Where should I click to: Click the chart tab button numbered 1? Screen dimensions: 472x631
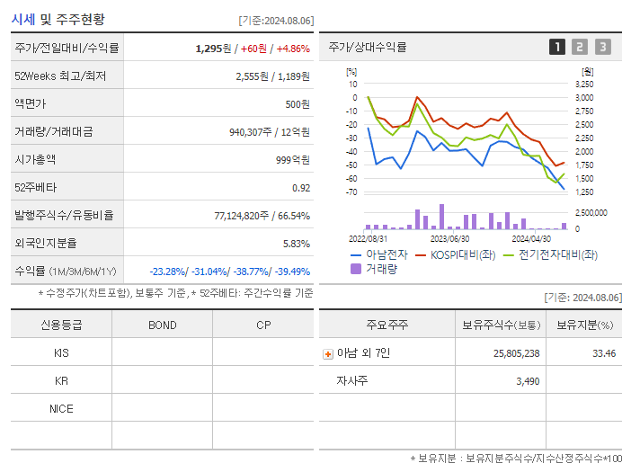(x=557, y=47)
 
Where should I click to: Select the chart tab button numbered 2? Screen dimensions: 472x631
(x=580, y=47)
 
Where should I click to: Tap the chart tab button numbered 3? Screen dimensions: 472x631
(x=602, y=47)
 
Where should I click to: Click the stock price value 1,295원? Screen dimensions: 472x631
(x=215, y=48)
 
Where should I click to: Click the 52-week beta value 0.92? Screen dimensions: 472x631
(x=301, y=187)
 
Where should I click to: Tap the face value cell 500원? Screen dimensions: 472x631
(x=298, y=103)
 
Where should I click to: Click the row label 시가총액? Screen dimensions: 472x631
(x=35, y=159)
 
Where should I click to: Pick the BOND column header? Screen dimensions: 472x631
(x=162, y=325)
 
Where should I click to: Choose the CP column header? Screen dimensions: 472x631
(x=263, y=325)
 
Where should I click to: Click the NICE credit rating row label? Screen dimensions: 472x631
(x=61, y=408)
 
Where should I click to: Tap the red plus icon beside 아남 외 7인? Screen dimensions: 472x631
(x=327, y=353)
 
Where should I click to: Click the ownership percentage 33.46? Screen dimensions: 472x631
(x=604, y=353)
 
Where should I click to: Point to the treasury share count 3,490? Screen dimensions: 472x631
(x=529, y=381)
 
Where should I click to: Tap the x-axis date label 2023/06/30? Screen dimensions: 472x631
(x=449, y=239)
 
